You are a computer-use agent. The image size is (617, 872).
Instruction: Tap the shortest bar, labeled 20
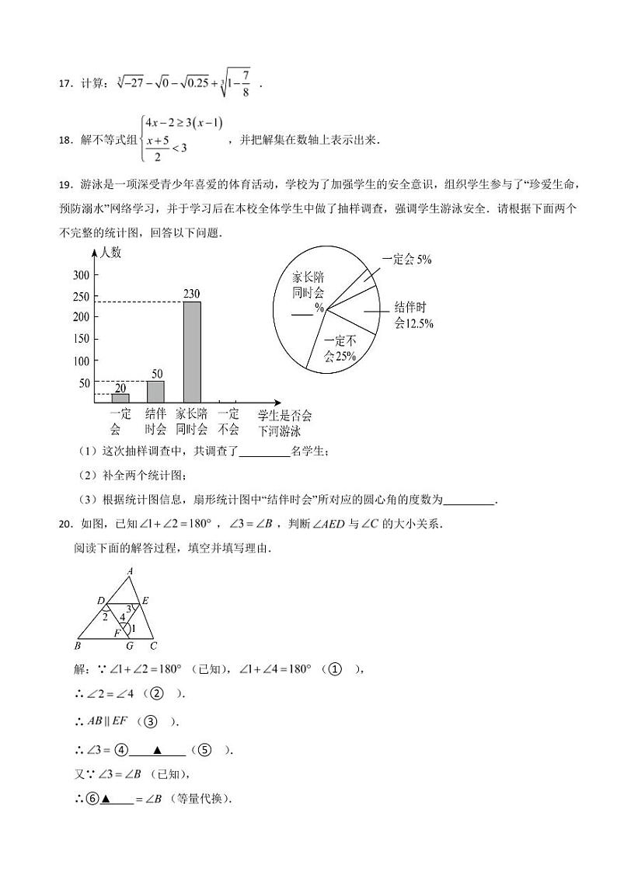pos(120,397)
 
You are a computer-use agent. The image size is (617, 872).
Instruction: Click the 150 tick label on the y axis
pos(82,339)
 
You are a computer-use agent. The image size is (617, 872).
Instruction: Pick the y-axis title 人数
pos(110,253)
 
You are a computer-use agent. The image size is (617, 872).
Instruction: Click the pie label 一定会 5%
pos(407,260)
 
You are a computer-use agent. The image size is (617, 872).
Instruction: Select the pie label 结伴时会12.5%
pos(413,314)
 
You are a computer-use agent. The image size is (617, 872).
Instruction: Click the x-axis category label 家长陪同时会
pos(191,421)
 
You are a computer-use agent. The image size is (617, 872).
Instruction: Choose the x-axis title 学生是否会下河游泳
pos(284,421)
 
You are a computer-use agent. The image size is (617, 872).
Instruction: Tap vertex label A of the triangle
pos(130,570)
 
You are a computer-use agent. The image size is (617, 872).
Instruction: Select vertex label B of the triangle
pos(78,645)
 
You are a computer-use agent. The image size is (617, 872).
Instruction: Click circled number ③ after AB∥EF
pos(150,720)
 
